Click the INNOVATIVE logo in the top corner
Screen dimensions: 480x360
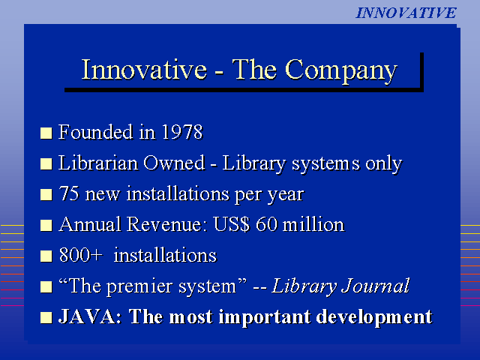tap(406, 13)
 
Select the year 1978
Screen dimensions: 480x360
tap(182, 132)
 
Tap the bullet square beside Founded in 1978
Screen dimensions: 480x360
tap(46, 133)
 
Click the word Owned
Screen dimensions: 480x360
tap(174, 163)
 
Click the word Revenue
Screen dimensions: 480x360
tap(164, 224)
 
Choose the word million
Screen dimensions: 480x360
tap(313, 224)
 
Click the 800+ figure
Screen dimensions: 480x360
tap(80, 255)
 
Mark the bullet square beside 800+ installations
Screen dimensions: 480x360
tap(46, 256)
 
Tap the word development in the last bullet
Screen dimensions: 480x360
tap(374, 318)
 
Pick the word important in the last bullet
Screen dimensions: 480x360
tap(265, 318)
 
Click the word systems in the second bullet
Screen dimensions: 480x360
tap(325, 164)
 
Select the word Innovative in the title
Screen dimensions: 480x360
tap(144, 70)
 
